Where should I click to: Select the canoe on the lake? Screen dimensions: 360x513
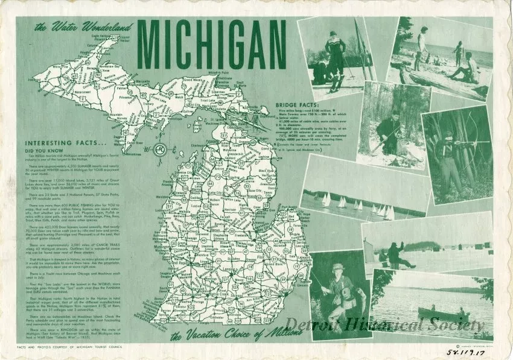click(444, 314)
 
